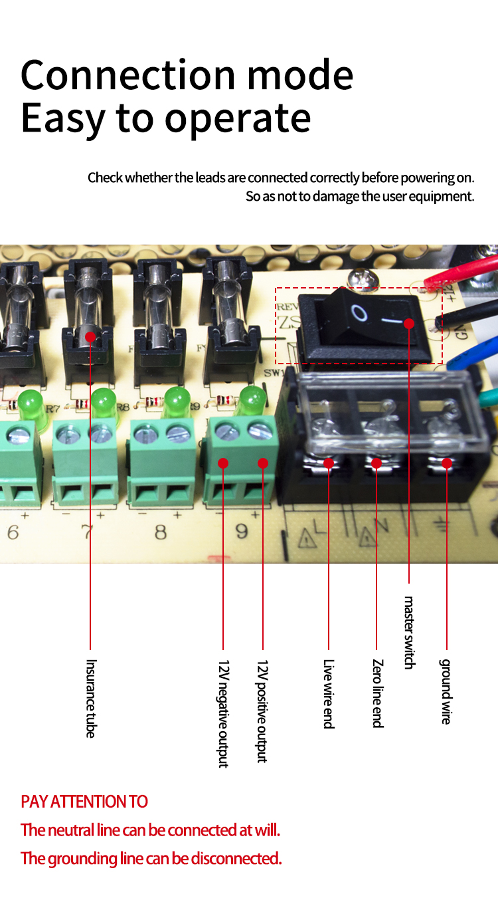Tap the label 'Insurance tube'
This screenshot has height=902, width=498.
click(91, 698)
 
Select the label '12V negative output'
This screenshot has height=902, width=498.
click(223, 713)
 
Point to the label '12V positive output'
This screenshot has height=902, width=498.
click(262, 711)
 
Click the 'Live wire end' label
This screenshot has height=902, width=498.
click(329, 694)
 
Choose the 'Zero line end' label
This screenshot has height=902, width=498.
click(377, 693)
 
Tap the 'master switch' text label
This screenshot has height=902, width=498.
click(409, 633)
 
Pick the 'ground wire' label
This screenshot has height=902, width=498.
click(446, 691)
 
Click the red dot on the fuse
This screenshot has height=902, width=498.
click(90, 336)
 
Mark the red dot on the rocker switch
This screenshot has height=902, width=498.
click(409, 323)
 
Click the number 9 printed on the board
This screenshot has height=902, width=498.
click(241, 532)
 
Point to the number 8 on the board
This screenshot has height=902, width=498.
click(161, 532)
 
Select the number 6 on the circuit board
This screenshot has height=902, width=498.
click(13, 532)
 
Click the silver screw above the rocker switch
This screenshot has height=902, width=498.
click(363, 278)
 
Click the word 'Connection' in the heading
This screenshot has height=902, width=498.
click(128, 75)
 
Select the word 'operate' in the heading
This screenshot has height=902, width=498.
click(238, 120)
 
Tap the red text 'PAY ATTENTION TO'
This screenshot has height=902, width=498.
click(84, 802)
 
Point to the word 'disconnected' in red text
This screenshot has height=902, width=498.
click(236, 858)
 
